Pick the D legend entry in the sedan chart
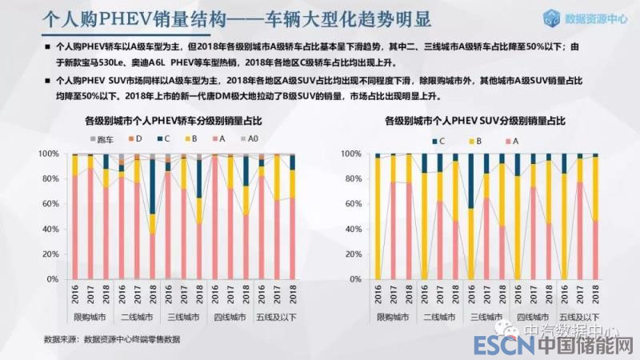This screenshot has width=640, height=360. point(134,139)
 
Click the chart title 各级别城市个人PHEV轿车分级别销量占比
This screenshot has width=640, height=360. point(174,121)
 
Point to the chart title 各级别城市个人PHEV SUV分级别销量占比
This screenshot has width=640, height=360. point(475,121)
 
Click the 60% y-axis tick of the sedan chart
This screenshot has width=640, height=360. point(50,203)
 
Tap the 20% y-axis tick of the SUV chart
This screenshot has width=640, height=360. point(350,254)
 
